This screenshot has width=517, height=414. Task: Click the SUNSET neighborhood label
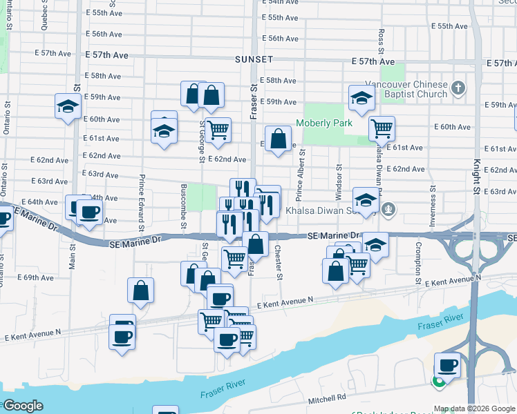pyautogui.click(x=254, y=60)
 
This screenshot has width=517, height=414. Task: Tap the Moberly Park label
pyautogui.click(x=324, y=124)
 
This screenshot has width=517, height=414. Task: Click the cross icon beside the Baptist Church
pyautogui.click(x=458, y=88)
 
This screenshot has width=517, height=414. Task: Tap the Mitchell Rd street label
pyautogui.click(x=326, y=398)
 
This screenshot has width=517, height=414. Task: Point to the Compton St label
pyautogui.click(x=418, y=262)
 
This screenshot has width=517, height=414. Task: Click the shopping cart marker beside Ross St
pyautogui.click(x=382, y=128)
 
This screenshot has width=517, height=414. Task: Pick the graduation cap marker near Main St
pyautogui.click(x=67, y=107)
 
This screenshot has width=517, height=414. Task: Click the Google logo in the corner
pyautogui.click(x=23, y=406)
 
